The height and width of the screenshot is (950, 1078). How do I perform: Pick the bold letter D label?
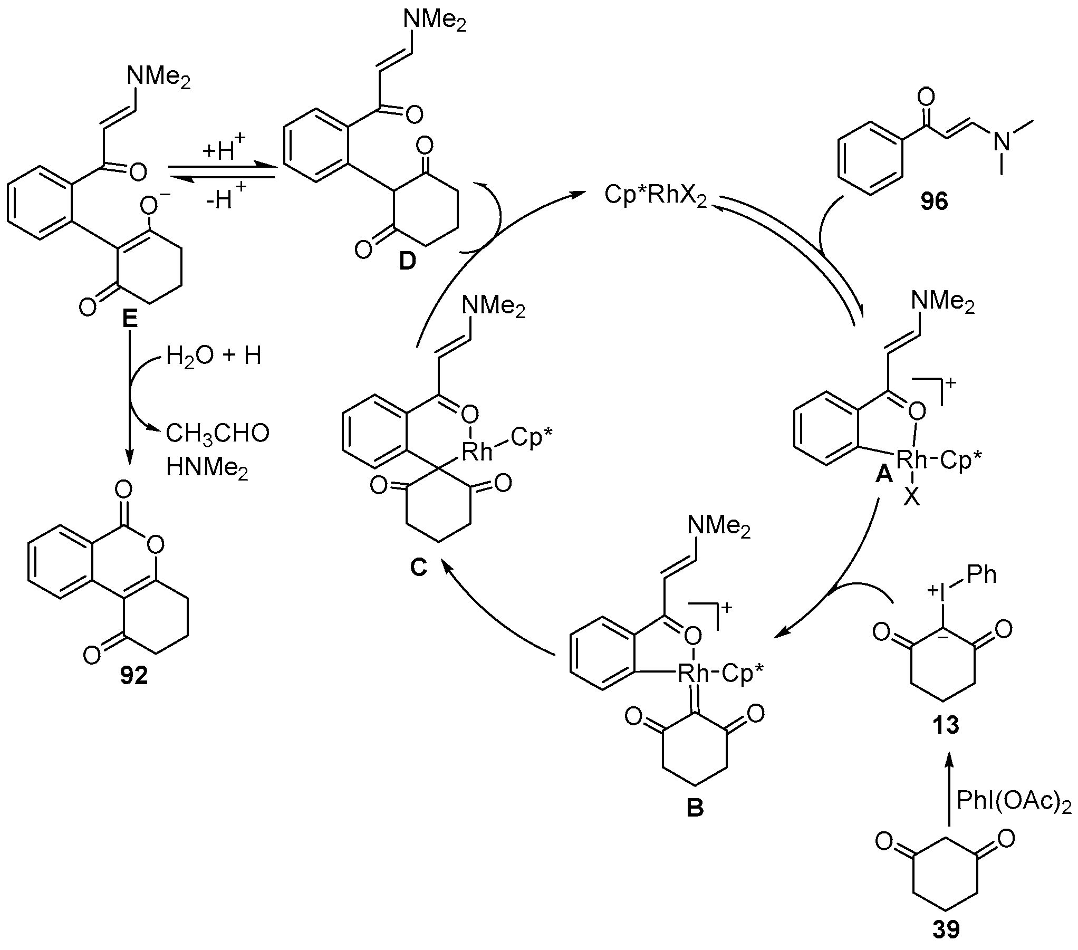coord(407,261)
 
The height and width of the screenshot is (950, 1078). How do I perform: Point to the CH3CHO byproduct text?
coord(218,433)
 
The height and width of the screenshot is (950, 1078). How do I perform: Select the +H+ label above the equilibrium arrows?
coord(223,150)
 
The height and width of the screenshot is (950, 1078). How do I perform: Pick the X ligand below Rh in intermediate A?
coord(911,497)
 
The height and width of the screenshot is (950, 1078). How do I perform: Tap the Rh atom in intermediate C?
coord(477,452)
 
